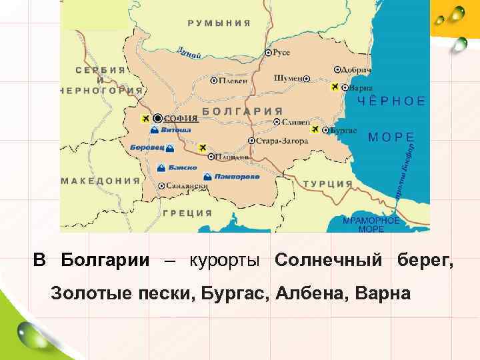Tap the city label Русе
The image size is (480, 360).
282,51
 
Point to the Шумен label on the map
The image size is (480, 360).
287,78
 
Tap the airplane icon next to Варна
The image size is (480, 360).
335,87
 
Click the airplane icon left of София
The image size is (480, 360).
145,119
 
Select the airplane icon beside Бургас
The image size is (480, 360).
315,129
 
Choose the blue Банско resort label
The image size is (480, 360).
182,167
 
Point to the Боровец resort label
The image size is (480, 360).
145,147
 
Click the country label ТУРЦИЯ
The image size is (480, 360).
327,183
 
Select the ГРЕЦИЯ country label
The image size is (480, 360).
187,213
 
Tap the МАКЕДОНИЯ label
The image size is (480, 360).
101,180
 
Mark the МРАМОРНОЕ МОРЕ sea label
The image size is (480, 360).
371,224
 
